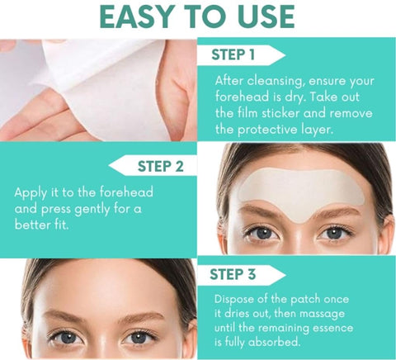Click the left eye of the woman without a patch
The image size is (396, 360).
click(66, 336)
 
